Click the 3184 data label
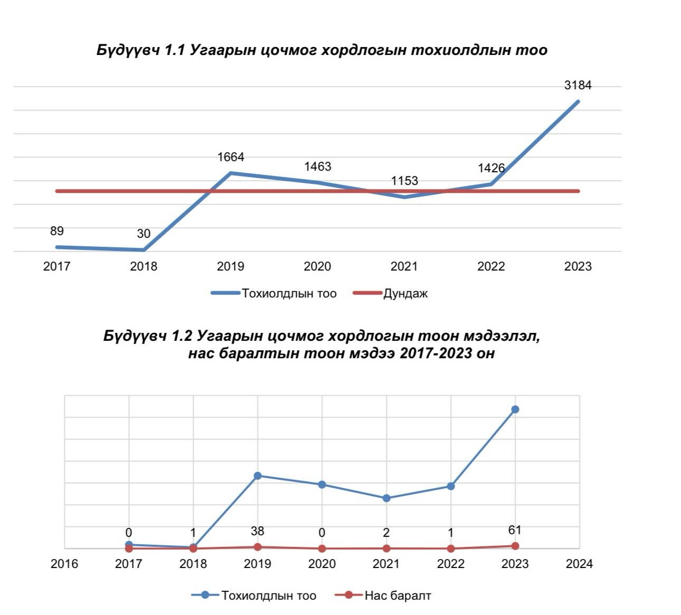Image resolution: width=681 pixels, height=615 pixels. tap(578, 85)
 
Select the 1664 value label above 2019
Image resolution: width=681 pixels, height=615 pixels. tap(231, 157)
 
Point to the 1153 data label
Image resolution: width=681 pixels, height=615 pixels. tap(404, 181)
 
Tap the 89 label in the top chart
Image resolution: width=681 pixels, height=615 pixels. tap(57, 231)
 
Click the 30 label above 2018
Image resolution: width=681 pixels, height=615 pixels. tap(144, 234)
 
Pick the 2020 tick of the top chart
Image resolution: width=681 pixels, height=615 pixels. tap(317, 266)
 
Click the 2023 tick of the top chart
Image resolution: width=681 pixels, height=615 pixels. tap(578, 266)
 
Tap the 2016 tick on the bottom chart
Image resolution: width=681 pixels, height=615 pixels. tap(64, 564)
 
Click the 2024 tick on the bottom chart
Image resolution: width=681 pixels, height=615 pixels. tap(579, 564)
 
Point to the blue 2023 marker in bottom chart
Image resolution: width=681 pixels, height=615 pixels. tap(515, 409)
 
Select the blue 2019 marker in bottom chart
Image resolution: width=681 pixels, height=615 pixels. tap(258, 476)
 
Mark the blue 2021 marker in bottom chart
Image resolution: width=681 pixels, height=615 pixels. tap(386, 498)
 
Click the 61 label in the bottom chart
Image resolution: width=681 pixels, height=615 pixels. tap(515, 530)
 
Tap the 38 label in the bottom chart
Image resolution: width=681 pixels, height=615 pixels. tap(258, 531)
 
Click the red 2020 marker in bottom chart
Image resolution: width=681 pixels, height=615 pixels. tap(322, 548)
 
